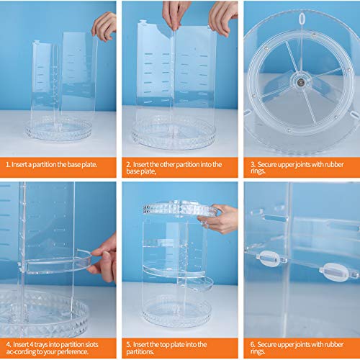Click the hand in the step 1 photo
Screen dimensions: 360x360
click(104, 25)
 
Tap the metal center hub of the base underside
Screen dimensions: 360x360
click(300, 82)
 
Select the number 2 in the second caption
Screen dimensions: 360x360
click(128, 165)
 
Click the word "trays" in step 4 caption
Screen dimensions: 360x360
click(40, 345)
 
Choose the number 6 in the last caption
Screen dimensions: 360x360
click(253, 345)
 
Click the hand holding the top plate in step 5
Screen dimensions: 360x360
click(218, 218)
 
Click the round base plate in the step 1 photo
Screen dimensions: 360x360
click(58, 130)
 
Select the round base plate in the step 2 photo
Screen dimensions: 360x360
click(174, 135)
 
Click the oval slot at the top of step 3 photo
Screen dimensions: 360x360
click(302, 19)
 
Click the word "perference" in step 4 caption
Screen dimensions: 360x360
click(72, 352)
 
